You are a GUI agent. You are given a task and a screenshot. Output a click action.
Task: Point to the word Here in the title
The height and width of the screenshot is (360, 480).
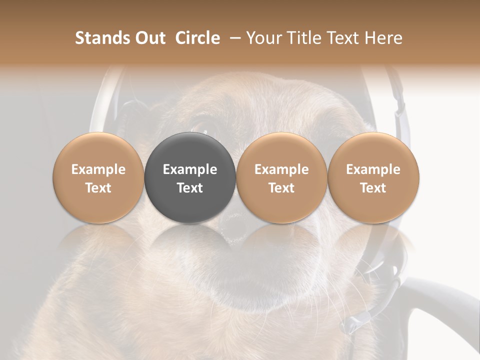tap(383, 38)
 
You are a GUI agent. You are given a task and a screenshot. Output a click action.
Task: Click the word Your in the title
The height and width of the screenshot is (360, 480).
tap(264, 38)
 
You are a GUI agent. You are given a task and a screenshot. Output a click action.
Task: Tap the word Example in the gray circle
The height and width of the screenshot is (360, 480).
tap(190, 169)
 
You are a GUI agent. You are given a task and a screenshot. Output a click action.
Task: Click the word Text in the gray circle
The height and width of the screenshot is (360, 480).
tap(190, 188)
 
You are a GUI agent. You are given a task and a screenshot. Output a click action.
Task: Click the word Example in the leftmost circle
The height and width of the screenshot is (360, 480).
tap(98, 169)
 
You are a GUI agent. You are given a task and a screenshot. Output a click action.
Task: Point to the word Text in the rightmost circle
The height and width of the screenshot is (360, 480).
tap(373, 188)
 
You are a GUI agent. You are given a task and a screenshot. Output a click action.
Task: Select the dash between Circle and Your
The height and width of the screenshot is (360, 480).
tap(233, 38)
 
